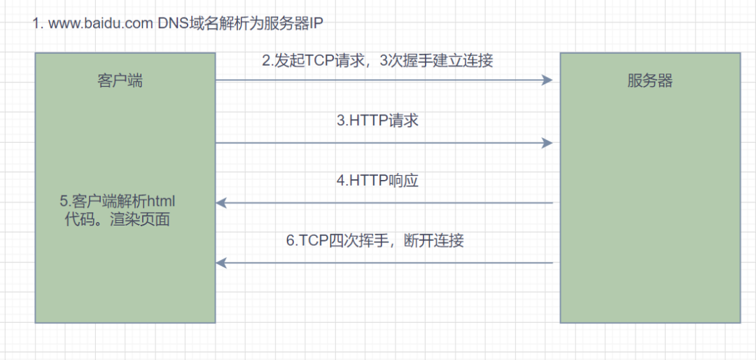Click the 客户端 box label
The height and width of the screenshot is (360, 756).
pyautogui.click(x=120, y=81)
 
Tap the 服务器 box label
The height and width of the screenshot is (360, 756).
pyautogui.click(x=650, y=81)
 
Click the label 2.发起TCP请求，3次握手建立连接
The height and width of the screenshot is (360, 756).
pyautogui.click(x=377, y=62)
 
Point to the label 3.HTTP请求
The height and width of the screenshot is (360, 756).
pyautogui.click(x=377, y=120)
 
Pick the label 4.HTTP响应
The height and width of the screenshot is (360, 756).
pyautogui.click(x=377, y=181)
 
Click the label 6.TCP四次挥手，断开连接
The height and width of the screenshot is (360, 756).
pyautogui.click(x=375, y=240)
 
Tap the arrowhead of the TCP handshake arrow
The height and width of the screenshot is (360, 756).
pyautogui.click(x=547, y=80)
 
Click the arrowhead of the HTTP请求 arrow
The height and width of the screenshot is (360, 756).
pyautogui.click(x=547, y=142)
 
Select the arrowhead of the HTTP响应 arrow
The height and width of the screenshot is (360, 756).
pyautogui.click(x=221, y=203)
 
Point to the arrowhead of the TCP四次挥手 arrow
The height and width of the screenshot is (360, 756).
pyautogui.click(x=221, y=263)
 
